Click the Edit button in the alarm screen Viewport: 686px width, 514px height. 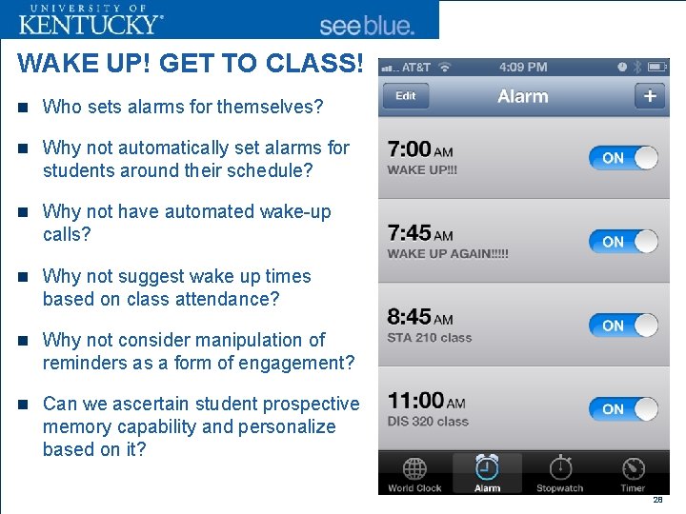click(x=406, y=96)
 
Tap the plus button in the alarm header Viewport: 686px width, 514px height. click(x=650, y=96)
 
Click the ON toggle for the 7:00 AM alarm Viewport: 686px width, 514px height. click(x=623, y=158)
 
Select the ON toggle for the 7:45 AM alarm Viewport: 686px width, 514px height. click(x=623, y=242)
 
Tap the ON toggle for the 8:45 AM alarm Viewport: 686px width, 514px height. click(x=623, y=326)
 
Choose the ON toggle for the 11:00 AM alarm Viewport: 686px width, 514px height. click(x=623, y=409)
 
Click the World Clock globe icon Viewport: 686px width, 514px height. click(x=414, y=468)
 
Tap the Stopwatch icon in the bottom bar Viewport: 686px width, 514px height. click(x=560, y=468)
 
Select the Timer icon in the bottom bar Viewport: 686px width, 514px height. click(x=633, y=468)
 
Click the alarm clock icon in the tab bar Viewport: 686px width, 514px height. click(x=487, y=467)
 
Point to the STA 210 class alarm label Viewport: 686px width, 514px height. click(x=429, y=338)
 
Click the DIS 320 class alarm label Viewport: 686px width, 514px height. click(x=428, y=422)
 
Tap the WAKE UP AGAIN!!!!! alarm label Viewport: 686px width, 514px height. click(x=448, y=254)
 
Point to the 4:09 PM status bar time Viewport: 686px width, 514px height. click(x=523, y=68)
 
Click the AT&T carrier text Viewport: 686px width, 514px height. click(x=416, y=68)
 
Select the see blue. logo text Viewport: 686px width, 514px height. click(x=367, y=26)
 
